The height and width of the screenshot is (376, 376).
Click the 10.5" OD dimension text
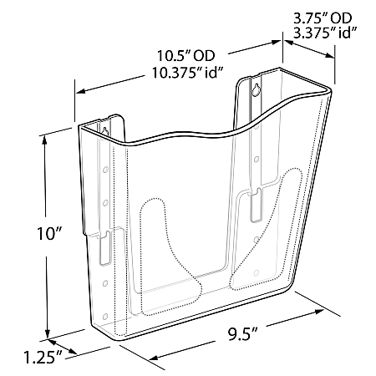pyautogui.click(x=185, y=57)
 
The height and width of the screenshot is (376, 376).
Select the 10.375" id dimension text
pyautogui.click(x=185, y=74)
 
